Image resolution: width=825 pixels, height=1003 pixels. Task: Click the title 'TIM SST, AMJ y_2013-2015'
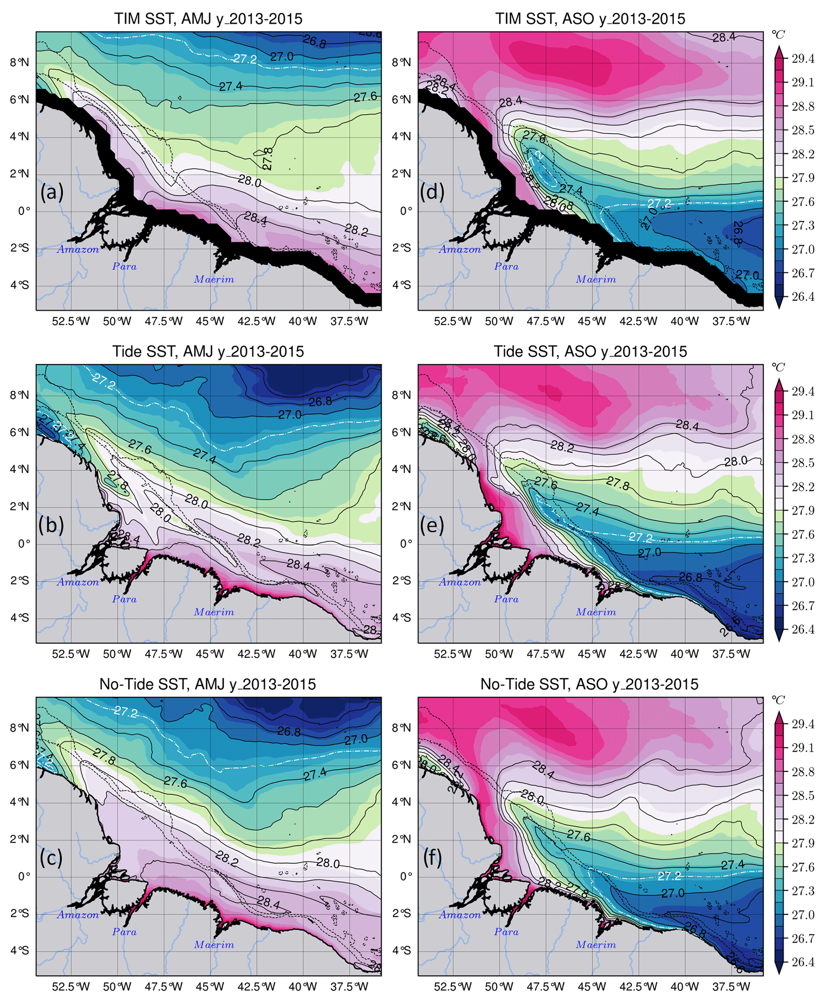208,19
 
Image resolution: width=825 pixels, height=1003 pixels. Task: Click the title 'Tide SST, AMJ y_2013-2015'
208,351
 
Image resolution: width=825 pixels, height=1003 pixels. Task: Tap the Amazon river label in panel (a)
78,250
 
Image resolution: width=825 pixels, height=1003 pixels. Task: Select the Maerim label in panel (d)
596,279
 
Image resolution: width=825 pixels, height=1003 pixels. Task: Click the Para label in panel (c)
125,932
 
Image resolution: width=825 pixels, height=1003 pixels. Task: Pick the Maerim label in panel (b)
214,612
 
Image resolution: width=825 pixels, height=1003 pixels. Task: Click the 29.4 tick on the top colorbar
803,59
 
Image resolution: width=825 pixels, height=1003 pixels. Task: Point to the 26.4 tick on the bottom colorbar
803,961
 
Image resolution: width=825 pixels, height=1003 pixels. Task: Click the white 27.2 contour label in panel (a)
245,59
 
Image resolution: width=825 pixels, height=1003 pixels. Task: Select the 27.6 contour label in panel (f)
578,836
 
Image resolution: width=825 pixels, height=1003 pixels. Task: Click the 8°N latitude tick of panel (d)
401,63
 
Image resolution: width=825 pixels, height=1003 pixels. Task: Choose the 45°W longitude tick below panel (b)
210,654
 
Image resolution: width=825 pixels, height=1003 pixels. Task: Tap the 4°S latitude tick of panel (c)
20,950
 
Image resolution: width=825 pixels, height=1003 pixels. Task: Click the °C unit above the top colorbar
778,35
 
